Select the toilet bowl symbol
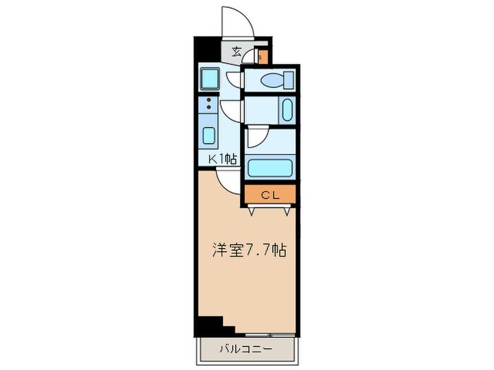tap(272, 81)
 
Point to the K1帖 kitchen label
tap(222, 160)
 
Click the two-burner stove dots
tap(210, 106)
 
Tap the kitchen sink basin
tap(210, 135)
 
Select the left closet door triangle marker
tap(254, 209)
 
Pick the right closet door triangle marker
tap(288, 209)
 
